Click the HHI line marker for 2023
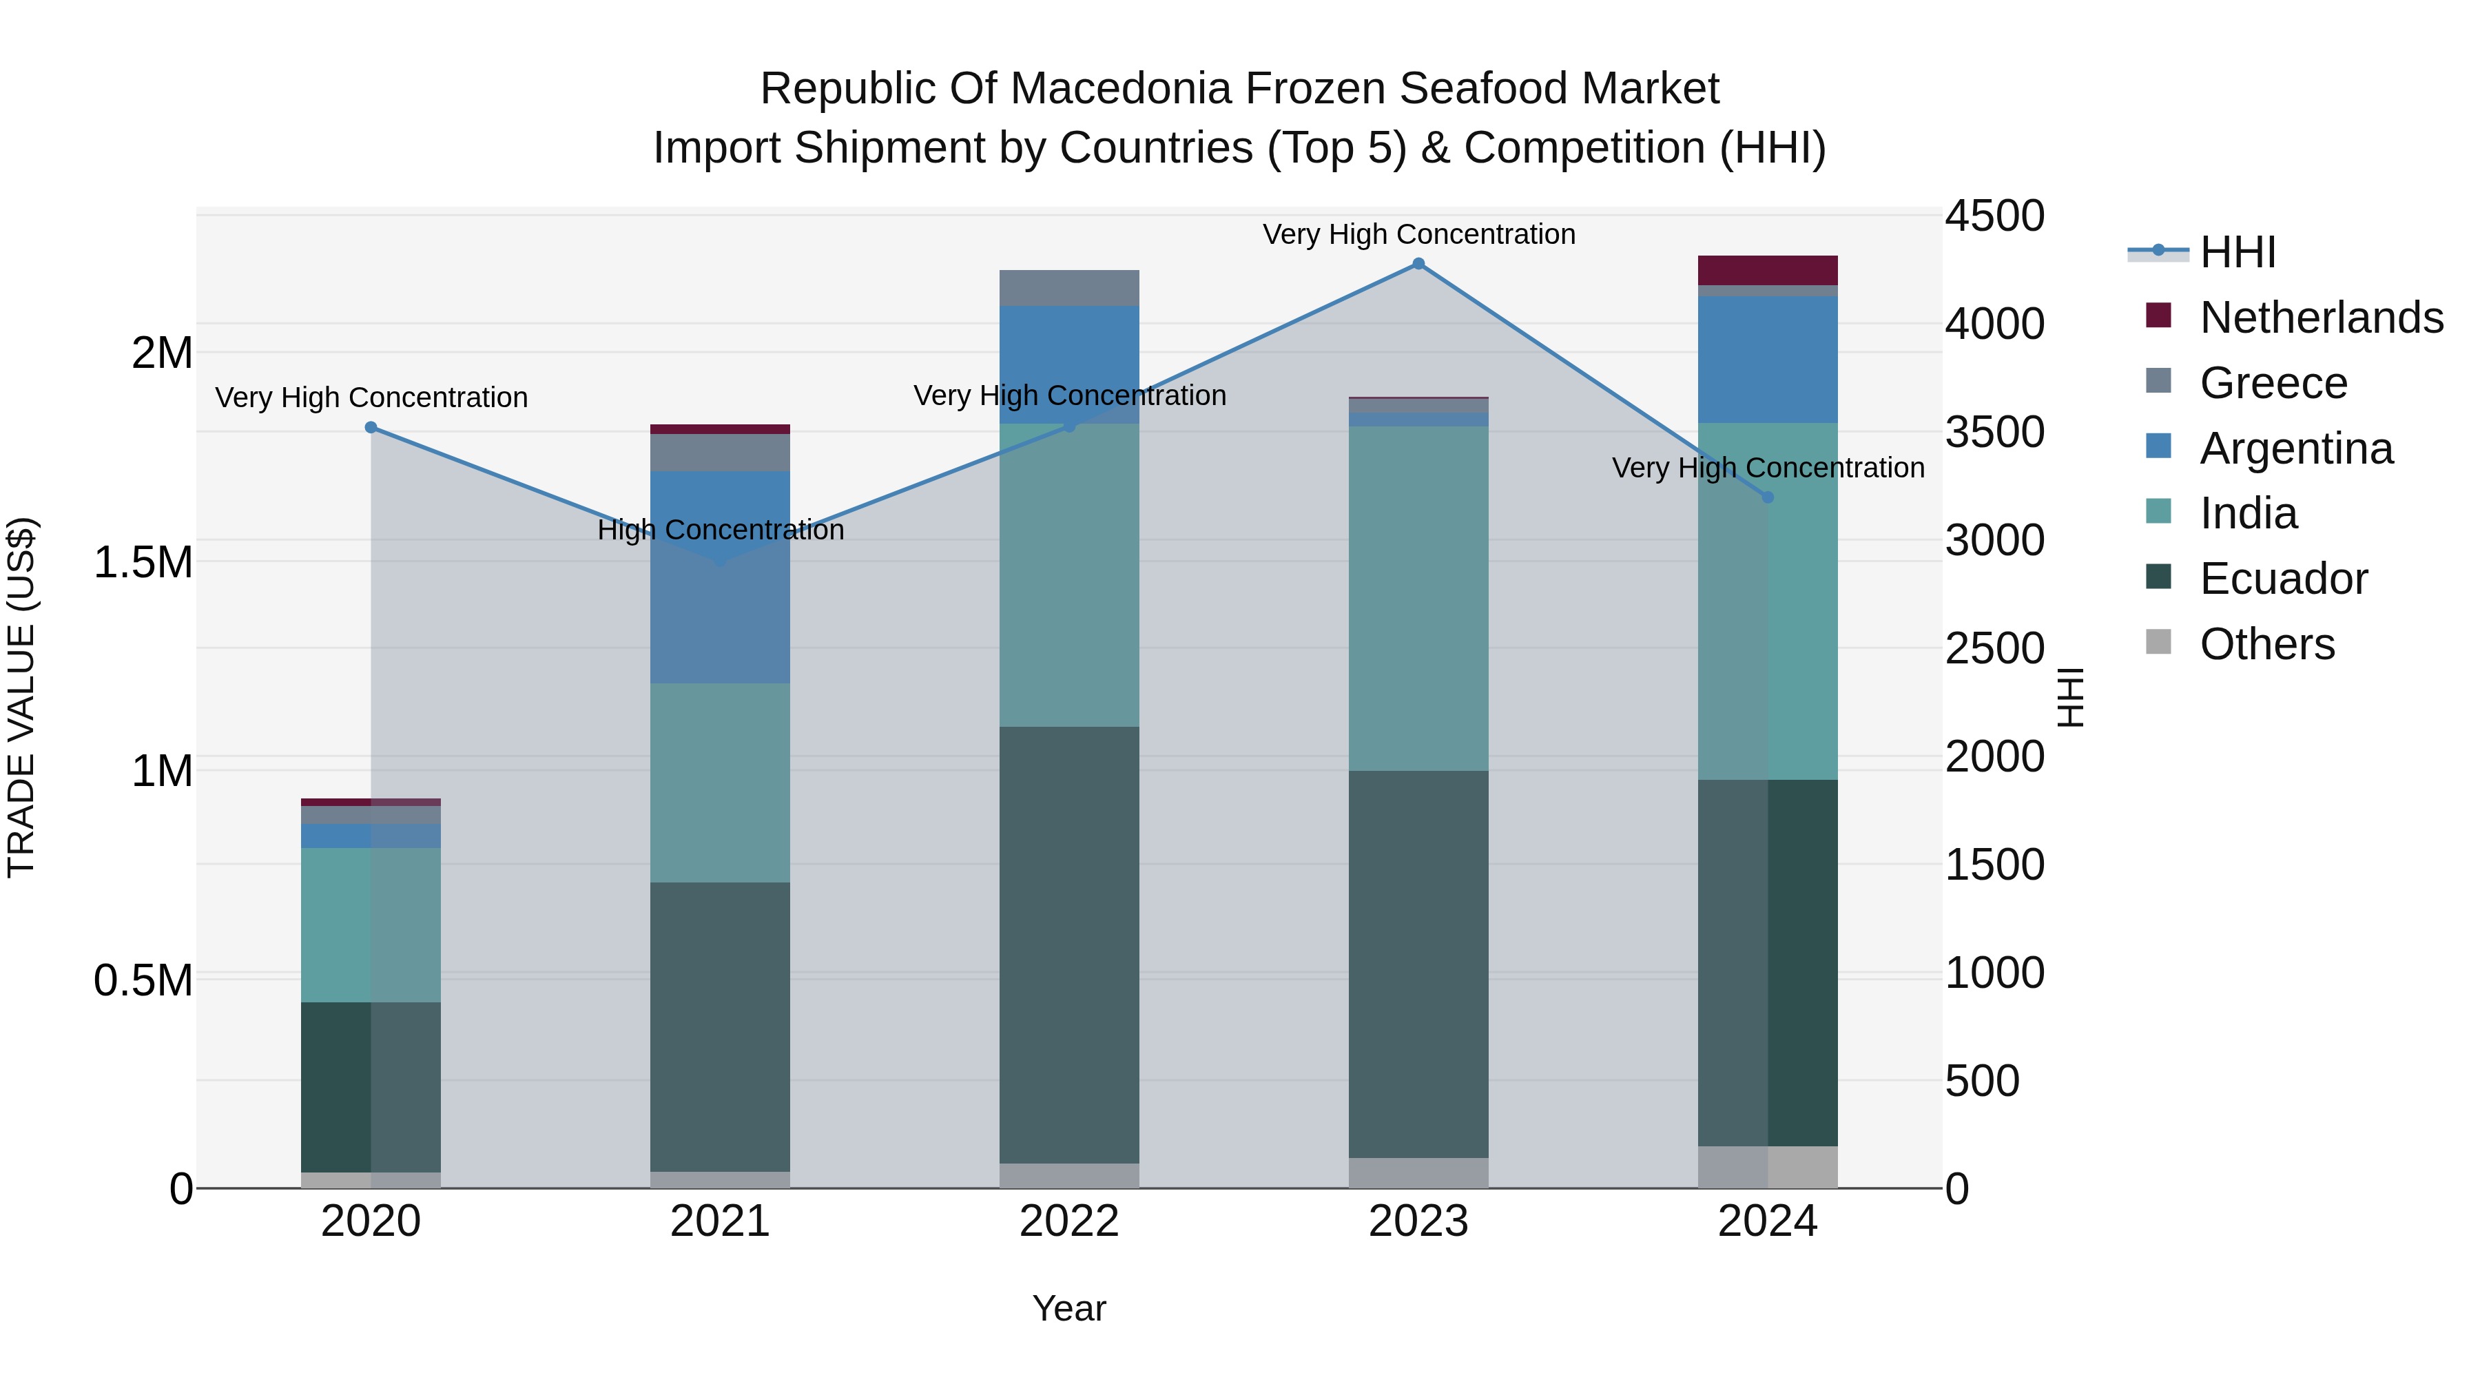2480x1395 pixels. tap(1418, 264)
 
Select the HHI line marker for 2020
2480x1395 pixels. tap(371, 427)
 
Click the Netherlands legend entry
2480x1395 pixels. tap(2320, 318)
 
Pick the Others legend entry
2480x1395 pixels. tap(2266, 644)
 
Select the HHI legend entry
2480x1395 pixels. tap(2236, 252)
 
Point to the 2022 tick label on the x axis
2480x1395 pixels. tap(1068, 1221)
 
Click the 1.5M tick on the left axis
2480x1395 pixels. tap(143, 562)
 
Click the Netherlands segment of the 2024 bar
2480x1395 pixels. tap(1768, 271)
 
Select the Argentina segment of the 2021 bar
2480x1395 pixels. tap(720, 578)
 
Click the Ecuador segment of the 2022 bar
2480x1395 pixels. tap(1068, 944)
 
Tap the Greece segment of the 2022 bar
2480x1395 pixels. tap(1068, 288)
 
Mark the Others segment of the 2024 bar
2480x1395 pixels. tap(1768, 1167)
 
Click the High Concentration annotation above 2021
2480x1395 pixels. tap(720, 530)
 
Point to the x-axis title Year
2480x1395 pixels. tap(1068, 1310)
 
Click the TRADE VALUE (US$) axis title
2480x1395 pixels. tap(21, 697)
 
